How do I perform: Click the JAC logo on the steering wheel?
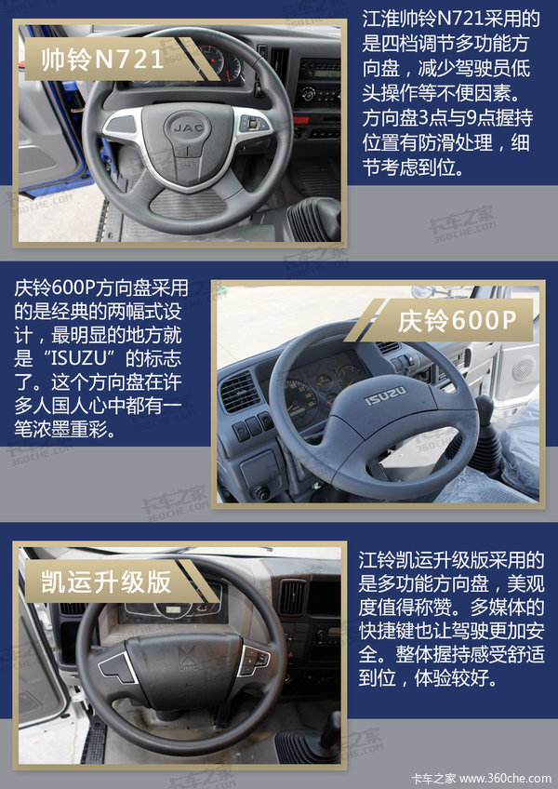(x=189, y=127)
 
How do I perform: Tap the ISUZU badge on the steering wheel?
(x=385, y=396)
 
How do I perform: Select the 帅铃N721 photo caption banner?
(x=121, y=60)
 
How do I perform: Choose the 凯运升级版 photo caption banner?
(x=121, y=582)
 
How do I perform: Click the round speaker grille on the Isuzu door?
(x=524, y=368)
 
